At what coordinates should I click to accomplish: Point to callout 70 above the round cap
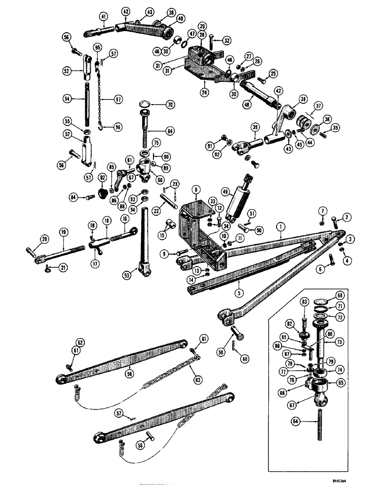tap(156, 104)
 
